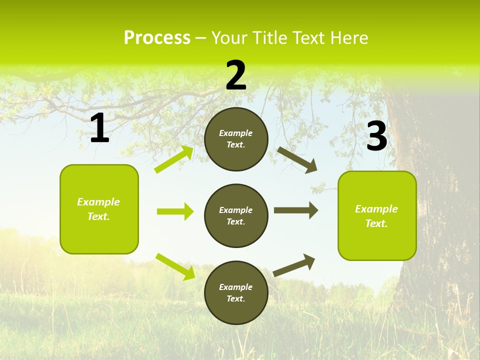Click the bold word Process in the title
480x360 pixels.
coord(157,38)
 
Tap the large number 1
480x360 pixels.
coord(99,128)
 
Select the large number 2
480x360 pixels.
coord(236,75)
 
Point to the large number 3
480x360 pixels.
coord(376,136)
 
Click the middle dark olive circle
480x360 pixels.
coord(236,215)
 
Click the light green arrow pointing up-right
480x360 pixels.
coord(174,159)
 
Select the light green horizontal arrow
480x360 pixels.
coord(175,211)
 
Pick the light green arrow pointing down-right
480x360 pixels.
coord(175,266)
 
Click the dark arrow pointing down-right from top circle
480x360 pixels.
coord(297,160)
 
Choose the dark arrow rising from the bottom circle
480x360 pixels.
coord(294,265)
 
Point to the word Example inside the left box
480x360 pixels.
coord(98,202)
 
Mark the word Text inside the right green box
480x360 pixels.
coord(376,223)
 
